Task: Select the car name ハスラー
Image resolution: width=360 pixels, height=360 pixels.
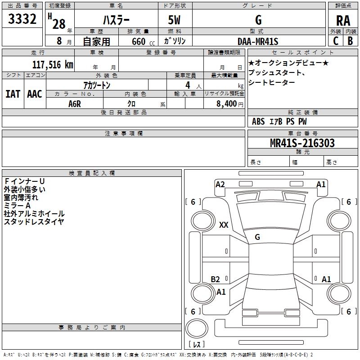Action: tap(116, 20)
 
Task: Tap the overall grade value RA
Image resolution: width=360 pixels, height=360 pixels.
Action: tap(343, 20)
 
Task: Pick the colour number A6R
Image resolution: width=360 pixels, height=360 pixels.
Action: tap(75, 103)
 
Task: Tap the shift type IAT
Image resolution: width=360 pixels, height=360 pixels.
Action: tap(13, 94)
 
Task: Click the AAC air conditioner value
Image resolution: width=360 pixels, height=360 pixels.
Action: tap(35, 94)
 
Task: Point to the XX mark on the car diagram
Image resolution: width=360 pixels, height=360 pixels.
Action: tap(224, 225)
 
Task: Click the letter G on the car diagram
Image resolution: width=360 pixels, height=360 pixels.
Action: tap(257, 237)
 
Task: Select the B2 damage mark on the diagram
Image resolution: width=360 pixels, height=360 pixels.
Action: tap(216, 279)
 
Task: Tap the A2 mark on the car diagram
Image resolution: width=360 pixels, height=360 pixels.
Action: tap(220, 184)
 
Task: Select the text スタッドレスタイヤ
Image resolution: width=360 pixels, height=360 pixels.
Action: tap(34, 221)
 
